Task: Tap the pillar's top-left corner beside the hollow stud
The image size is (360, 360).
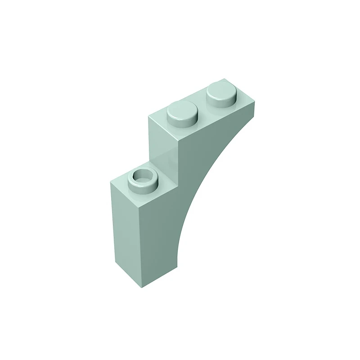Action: tap(111, 183)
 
